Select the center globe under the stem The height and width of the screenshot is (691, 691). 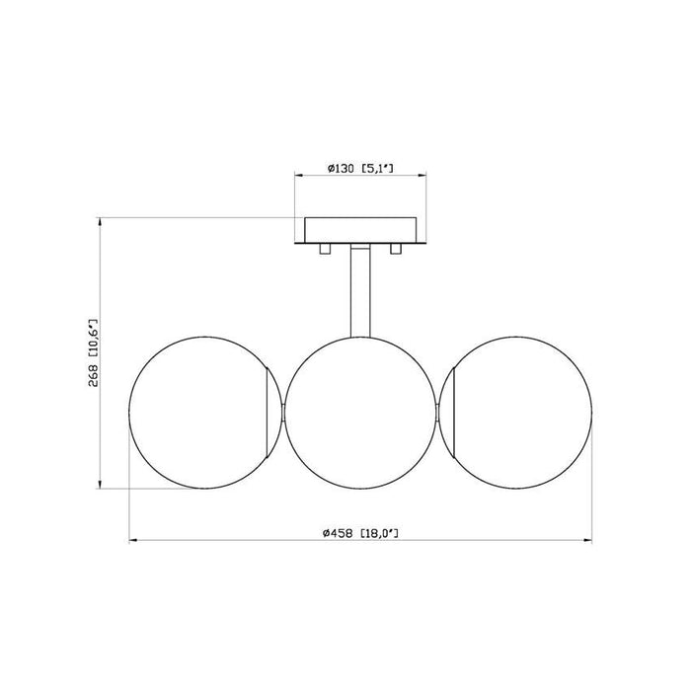click(361, 412)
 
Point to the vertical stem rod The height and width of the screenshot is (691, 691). click(361, 291)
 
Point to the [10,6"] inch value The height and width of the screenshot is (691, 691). click(94, 337)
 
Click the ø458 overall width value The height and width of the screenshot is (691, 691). click(339, 533)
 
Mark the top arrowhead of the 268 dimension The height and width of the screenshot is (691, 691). click(100, 223)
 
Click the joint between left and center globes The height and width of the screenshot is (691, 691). click(283, 412)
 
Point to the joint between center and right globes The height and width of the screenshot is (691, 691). click(439, 412)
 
